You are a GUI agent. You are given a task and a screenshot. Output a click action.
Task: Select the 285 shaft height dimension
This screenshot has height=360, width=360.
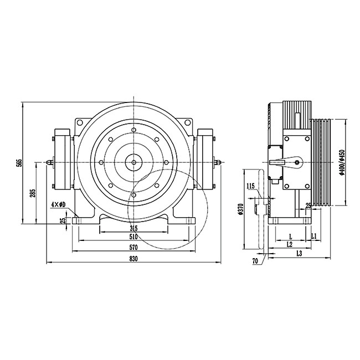(x=33, y=193)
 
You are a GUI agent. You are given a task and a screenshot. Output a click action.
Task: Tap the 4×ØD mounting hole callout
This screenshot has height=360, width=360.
(x=58, y=205)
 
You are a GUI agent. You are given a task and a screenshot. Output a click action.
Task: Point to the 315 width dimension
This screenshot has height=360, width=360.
(x=133, y=228)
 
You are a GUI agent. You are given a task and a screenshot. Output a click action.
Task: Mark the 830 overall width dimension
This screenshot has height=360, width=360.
(x=133, y=259)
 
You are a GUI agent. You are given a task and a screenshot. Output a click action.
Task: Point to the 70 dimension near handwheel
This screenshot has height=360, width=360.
(x=255, y=260)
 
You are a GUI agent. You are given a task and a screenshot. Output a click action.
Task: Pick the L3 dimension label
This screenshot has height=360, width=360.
(x=299, y=253)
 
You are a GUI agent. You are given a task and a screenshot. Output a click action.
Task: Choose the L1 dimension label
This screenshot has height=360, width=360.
(x=313, y=236)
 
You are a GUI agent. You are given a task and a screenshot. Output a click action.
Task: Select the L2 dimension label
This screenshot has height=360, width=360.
(x=290, y=244)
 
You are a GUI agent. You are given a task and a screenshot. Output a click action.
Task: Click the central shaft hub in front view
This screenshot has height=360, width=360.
(x=133, y=162)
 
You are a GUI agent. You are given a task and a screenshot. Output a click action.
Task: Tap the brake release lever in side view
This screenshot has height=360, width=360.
(x=280, y=162)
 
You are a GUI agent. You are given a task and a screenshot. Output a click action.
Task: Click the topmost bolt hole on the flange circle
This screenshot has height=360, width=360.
(x=133, y=131)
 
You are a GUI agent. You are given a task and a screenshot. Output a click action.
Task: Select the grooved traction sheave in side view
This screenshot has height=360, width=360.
(x=321, y=162)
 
